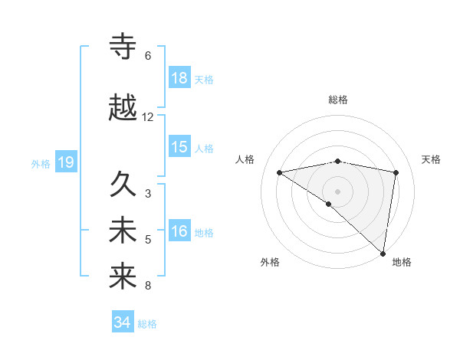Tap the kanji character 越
[123, 108]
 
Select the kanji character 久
[123, 185]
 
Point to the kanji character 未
[123, 231]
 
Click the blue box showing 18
[179, 79]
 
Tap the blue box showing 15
[179, 147]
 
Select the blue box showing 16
[179, 232]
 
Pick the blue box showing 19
[65, 162]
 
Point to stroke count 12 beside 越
[148, 117]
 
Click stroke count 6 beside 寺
[148, 56]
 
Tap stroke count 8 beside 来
[148, 286]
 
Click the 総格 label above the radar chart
[337, 100]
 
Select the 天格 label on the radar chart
[432, 159]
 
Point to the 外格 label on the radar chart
[270, 262]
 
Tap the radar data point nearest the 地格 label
[383, 253]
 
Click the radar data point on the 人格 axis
[280, 172]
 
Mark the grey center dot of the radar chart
[337, 190]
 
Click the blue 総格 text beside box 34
[147, 324]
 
